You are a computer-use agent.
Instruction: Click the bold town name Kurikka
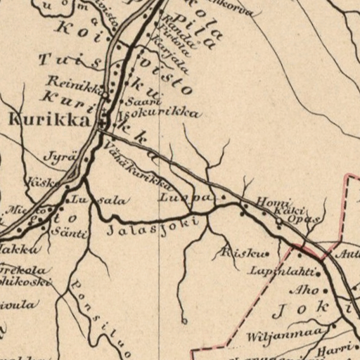[49, 120]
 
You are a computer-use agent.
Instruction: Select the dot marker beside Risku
[266, 254]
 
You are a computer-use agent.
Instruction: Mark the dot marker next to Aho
[325, 290]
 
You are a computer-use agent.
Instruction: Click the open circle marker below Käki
[279, 221]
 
